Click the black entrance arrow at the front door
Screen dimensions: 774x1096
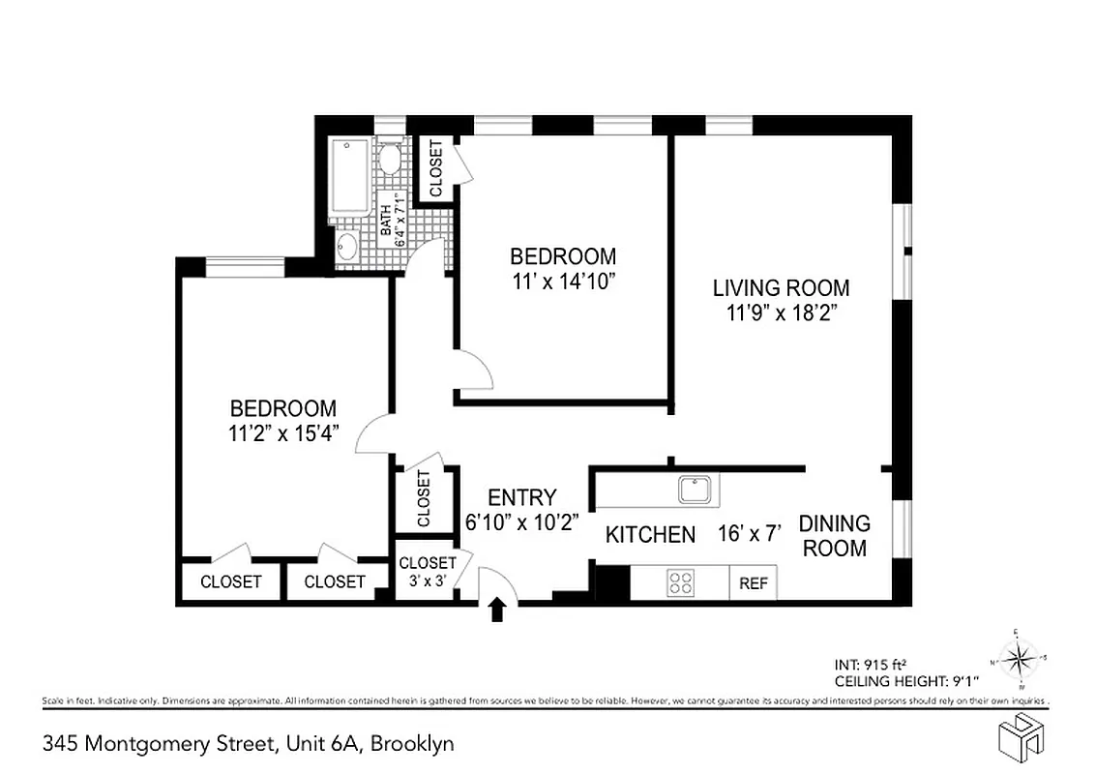coord(498,610)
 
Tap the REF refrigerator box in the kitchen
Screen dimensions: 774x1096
coord(753,583)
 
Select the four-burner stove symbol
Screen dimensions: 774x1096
coord(681,582)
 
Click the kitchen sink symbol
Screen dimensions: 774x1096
coord(696,490)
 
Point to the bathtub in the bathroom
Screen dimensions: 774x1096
coord(345,180)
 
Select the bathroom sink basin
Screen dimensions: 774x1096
coord(346,248)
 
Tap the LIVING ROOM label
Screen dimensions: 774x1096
coord(781,287)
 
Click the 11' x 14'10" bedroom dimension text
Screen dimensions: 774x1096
coord(563,283)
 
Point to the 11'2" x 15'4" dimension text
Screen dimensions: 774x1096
coord(281,434)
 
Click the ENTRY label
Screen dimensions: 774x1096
coord(521,497)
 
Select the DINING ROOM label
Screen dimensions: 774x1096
coord(834,536)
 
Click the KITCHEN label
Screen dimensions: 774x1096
coord(650,535)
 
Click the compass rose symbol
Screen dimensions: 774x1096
coord(1018,661)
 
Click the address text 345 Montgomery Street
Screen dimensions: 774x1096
coord(161,744)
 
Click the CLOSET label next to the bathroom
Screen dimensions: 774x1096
coord(435,169)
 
